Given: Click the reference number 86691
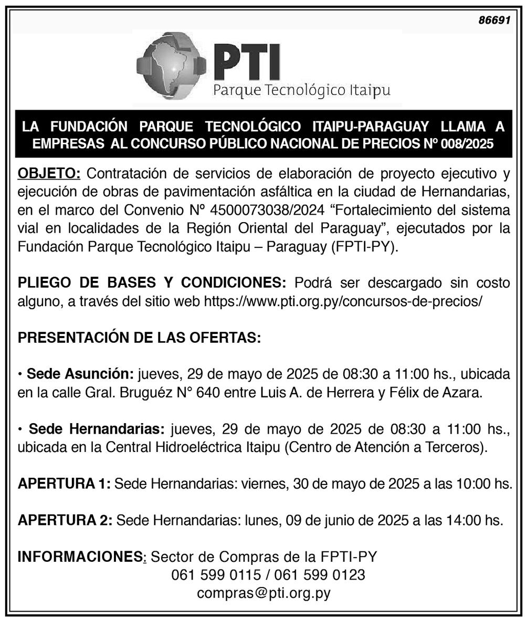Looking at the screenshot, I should pos(494,20).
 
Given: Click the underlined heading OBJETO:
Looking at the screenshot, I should pos(49,174).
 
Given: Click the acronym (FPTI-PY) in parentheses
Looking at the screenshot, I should pos(364,247).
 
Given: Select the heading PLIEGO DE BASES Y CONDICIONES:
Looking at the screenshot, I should pos(152,283).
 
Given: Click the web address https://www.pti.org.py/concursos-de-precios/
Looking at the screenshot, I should pos(343,301).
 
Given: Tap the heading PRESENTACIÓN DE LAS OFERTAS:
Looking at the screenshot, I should pos(139,338).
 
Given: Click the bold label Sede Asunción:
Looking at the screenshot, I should pos(80,374).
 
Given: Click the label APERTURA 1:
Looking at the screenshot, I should pos(64,484).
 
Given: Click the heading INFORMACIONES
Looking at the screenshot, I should pos(80,556).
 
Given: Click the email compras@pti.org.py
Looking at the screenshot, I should pos(263,593).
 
